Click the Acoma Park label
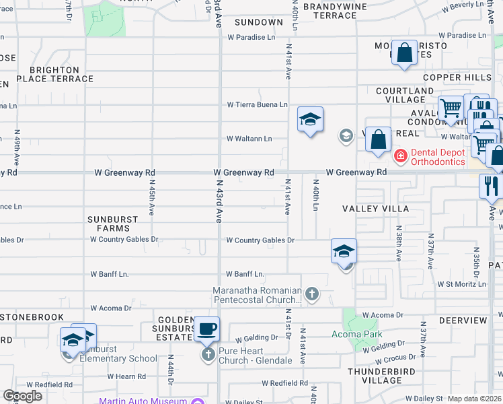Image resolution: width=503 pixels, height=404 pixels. click(356, 334)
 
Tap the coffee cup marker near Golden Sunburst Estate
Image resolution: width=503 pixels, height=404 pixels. click(207, 329)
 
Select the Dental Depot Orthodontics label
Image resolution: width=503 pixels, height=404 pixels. click(438, 157)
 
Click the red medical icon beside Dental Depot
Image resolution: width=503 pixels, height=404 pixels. click(400, 156)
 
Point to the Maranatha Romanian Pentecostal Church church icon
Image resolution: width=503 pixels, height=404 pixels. click(311, 294)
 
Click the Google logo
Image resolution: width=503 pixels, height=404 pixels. click(22, 396)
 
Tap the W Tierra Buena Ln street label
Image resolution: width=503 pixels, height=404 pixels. click(257, 104)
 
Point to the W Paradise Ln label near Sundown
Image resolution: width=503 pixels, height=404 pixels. click(256, 38)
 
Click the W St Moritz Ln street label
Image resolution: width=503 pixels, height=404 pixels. click(461, 284)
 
